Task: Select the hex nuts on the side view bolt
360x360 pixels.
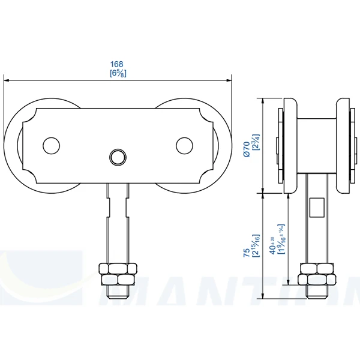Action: (316, 274)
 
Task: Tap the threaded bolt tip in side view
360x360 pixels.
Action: (316, 292)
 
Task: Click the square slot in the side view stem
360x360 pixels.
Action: (316, 207)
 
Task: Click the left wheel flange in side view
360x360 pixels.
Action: (289, 146)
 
